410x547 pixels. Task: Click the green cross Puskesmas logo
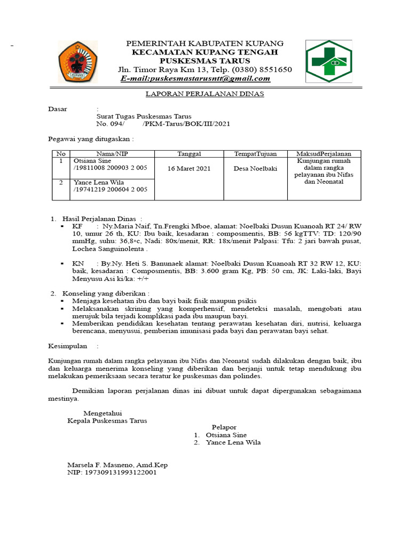(x=328, y=62)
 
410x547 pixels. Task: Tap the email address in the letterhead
(x=195, y=79)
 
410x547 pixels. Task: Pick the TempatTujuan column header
(x=255, y=154)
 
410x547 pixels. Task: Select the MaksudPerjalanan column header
(x=325, y=154)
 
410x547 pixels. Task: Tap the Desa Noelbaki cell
(x=255, y=168)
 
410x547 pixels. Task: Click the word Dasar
(x=58, y=109)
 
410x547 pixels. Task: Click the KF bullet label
(x=78, y=226)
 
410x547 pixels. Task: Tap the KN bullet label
(x=78, y=264)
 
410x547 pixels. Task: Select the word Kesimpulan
(x=68, y=346)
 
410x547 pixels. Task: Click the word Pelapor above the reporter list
(x=224, y=427)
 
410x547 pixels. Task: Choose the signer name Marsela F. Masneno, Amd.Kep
(x=117, y=465)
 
